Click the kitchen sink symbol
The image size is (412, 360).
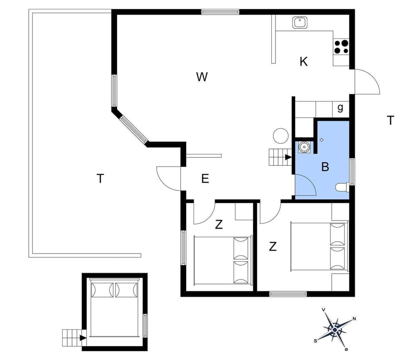coord(299,22)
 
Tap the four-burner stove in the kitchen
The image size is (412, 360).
coord(342,46)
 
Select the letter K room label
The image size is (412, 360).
coord(303,62)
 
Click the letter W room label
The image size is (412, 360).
coord(202,77)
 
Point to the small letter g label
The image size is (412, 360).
coord(340,108)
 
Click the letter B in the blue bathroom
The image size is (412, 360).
coord(325,167)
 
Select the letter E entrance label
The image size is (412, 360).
coord(205,179)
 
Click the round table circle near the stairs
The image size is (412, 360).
coord(281,136)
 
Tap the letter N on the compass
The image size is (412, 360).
coord(354,318)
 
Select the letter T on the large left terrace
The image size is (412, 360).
coord(100,178)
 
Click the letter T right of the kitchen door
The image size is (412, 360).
coord(390,121)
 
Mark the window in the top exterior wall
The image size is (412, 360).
coord(220,12)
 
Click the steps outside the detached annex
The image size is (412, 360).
coord(71,338)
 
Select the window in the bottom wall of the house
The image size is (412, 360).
coord(288,294)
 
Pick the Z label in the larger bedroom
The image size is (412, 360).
coord(273,247)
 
